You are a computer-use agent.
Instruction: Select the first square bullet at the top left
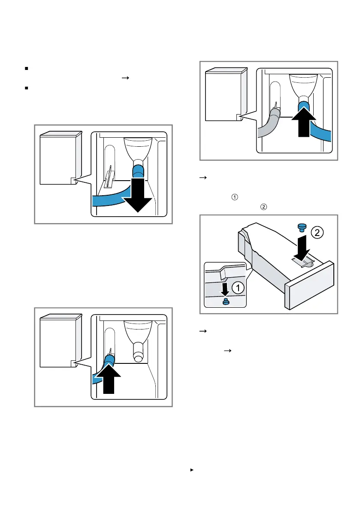[x=27, y=68]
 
